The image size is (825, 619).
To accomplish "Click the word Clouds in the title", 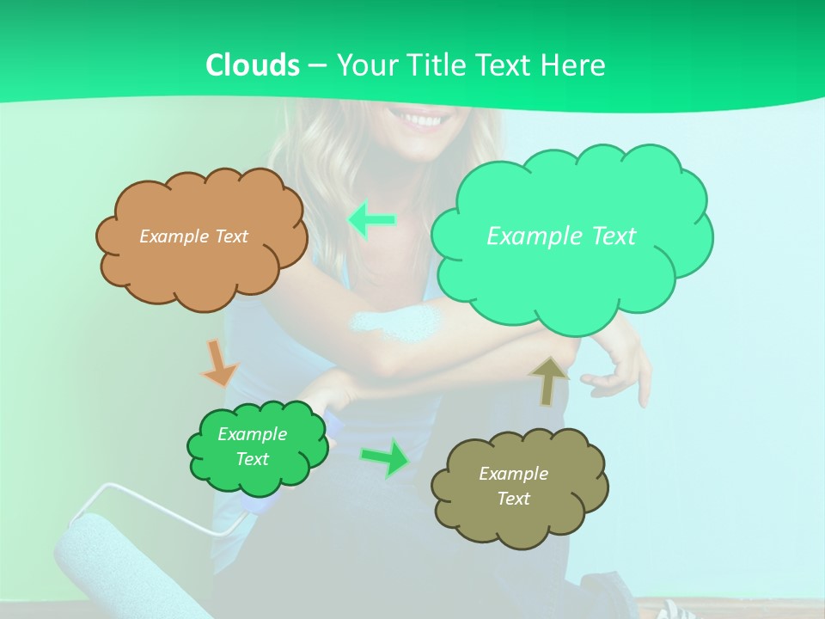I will tap(253, 65).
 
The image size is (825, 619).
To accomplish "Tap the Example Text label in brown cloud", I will tap(193, 236).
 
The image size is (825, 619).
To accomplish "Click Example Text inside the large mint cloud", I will tap(561, 236).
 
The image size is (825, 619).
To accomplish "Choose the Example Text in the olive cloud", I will tap(513, 486).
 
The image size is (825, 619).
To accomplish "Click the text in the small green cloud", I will tap(252, 446).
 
